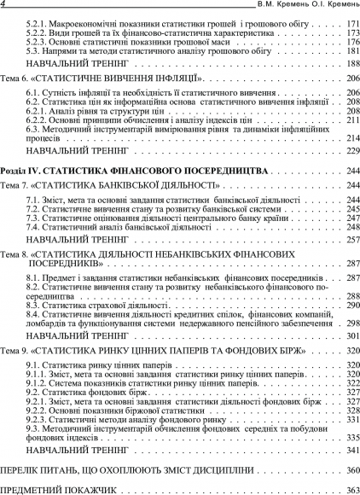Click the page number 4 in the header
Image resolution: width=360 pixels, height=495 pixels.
pos(4,5)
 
